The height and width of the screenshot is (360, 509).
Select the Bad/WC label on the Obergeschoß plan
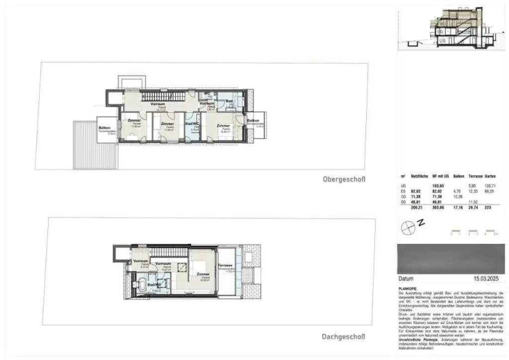click(x=192, y=123)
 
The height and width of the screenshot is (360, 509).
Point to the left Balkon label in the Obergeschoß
click(x=104, y=128)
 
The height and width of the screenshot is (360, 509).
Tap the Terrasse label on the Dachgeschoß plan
click(x=225, y=266)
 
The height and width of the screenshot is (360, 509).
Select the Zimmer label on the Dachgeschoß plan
click(x=203, y=274)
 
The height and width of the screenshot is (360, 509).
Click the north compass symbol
click(x=408, y=227)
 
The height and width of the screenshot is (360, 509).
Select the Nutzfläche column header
click(x=420, y=176)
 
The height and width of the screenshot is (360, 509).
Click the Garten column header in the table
click(x=490, y=176)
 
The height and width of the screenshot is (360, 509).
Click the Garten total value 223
click(x=488, y=208)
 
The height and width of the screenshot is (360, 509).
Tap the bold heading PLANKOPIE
click(x=408, y=288)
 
